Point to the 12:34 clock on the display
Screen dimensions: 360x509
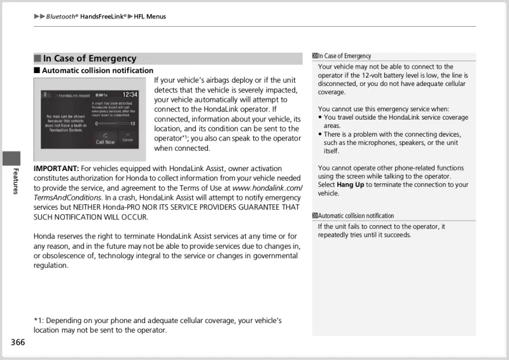click(x=130, y=94)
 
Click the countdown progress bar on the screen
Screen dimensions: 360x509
click(x=113, y=123)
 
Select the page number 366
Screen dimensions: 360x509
click(x=17, y=342)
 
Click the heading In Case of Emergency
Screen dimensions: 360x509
click(x=90, y=59)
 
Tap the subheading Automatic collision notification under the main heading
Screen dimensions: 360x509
click(x=97, y=71)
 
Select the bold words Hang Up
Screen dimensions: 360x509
click(x=350, y=184)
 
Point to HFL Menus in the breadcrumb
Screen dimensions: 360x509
click(x=150, y=17)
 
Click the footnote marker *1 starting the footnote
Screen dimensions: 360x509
click(x=38, y=321)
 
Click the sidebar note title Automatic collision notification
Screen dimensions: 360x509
click(x=356, y=216)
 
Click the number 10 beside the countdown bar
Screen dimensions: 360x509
click(x=132, y=123)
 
